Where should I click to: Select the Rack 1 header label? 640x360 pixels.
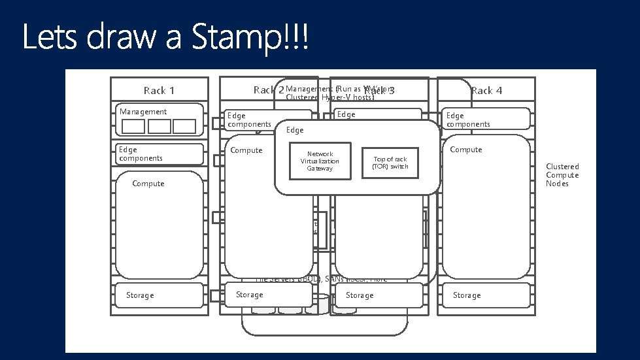click(x=159, y=90)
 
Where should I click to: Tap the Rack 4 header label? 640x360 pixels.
click(x=486, y=90)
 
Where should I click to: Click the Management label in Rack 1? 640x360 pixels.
click(x=143, y=112)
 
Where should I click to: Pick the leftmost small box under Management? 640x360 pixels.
click(x=133, y=126)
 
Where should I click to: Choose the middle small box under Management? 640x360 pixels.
click(x=159, y=126)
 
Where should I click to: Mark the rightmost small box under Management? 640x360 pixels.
click(x=184, y=126)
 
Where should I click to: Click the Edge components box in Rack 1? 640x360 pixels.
click(x=160, y=154)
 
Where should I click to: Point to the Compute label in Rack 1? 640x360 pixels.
click(x=148, y=184)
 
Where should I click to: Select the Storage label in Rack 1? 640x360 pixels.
click(x=140, y=295)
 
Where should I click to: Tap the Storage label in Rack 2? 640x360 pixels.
click(x=250, y=295)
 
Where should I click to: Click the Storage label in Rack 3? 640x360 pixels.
click(x=360, y=295)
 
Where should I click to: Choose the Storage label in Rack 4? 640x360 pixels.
click(x=467, y=295)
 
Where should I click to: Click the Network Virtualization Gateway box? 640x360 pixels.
click(x=320, y=161)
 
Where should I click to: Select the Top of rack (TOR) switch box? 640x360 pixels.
click(x=390, y=163)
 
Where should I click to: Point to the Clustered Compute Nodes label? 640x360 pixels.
click(x=562, y=175)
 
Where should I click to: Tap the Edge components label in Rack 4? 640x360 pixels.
click(x=468, y=120)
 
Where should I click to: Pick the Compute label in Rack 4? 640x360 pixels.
click(x=466, y=150)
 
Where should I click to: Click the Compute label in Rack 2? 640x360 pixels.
click(x=246, y=150)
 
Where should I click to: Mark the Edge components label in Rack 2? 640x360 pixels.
click(x=248, y=120)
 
